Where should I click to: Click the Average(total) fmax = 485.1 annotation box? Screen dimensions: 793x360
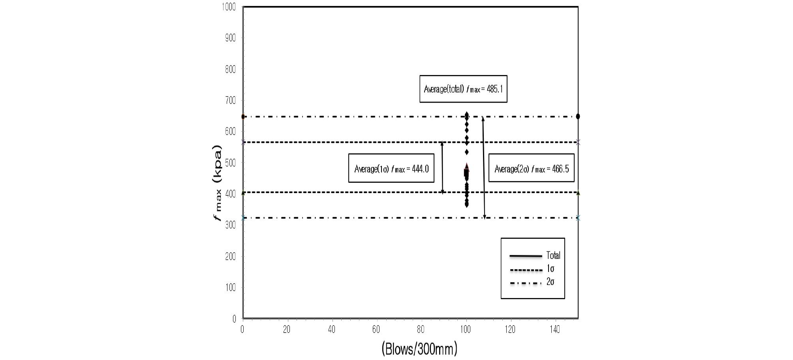pos(463,89)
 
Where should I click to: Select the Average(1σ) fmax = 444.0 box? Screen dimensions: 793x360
pos(391,169)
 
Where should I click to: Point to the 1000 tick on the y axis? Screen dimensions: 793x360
pos(229,7)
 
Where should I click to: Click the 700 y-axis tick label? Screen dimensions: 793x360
pos(230,100)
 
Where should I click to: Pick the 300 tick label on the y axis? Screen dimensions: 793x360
pos(230,225)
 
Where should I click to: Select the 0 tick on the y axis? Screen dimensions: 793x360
pos(234,319)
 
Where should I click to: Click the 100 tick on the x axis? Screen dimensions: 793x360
pos(466,330)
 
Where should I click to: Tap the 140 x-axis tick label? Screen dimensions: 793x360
pos(555,330)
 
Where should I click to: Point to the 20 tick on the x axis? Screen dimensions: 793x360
pos(287,330)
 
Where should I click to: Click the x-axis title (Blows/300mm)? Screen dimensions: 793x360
pos(419,349)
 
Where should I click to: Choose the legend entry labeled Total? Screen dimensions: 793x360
pos(535,256)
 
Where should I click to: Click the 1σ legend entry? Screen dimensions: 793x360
pos(532,269)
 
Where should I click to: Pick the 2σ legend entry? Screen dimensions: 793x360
pos(532,282)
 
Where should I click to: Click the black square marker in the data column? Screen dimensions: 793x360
pos(466,172)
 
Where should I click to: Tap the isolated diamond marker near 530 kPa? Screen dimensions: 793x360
pos(466,152)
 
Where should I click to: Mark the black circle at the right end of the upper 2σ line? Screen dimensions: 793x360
pos(578,116)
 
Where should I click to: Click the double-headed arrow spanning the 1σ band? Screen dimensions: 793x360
pos(442,167)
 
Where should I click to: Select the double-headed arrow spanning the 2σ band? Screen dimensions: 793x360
pos(484,167)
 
